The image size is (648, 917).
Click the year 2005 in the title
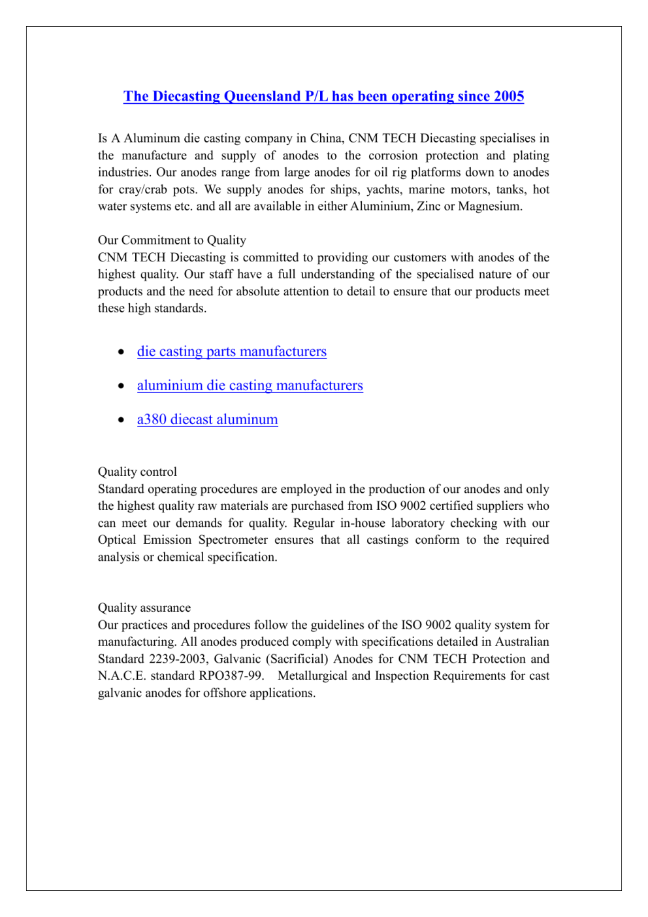[x=509, y=97]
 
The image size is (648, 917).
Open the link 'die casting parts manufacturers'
[x=231, y=352]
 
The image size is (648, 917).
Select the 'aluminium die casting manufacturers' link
[x=250, y=386]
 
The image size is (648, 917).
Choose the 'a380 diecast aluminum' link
[x=207, y=420]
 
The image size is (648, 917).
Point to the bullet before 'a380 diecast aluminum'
[x=121, y=420]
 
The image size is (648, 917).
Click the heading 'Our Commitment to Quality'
[x=172, y=241]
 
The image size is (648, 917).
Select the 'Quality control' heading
[x=137, y=472]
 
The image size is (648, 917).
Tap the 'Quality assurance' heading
[x=144, y=608]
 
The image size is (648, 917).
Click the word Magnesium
[x=490, y=207]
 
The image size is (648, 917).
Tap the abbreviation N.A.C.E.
[x=122, y=676]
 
